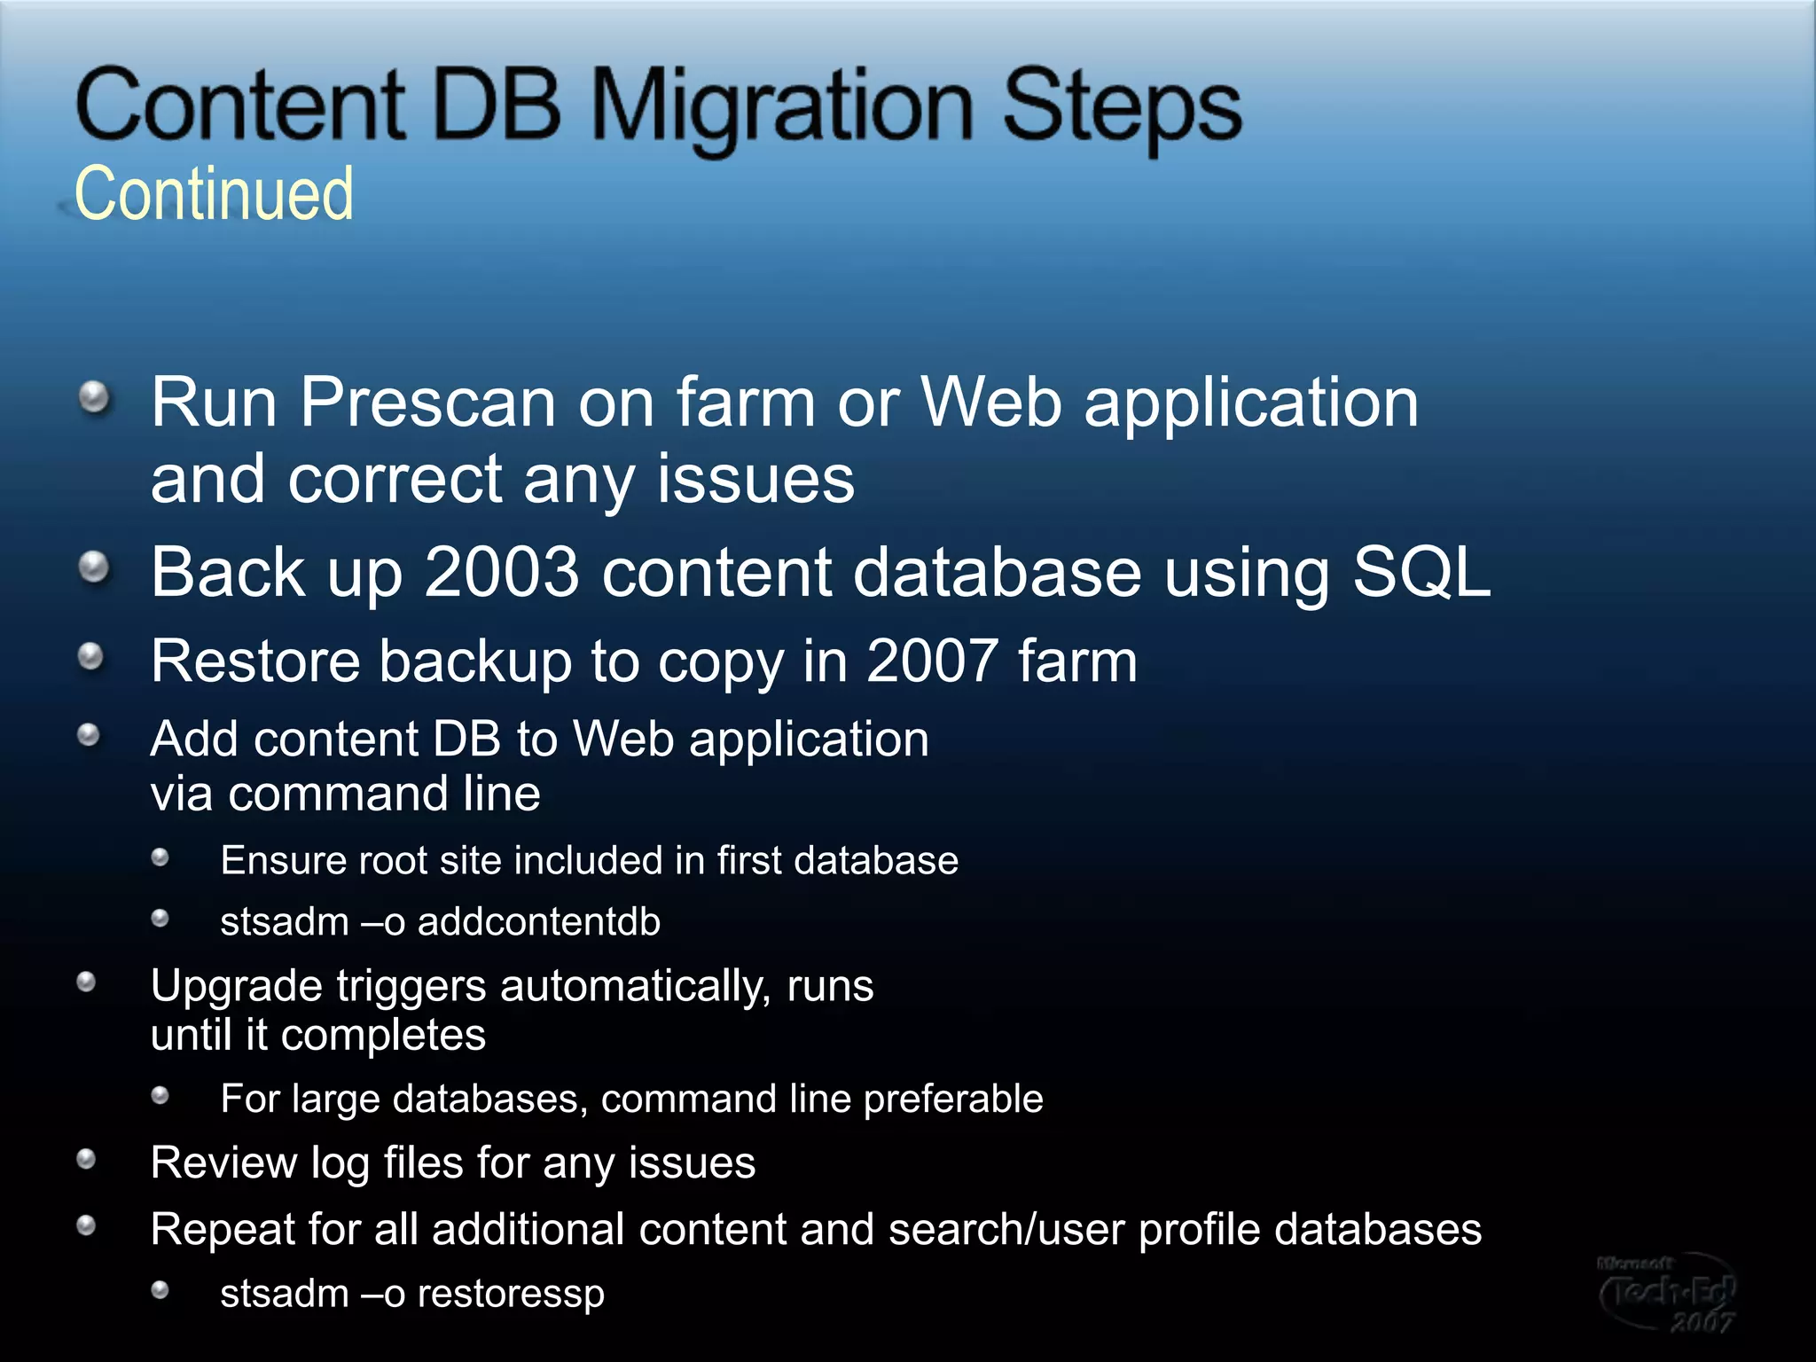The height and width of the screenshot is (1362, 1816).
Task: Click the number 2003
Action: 501,572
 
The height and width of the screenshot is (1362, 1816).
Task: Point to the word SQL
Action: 1421,572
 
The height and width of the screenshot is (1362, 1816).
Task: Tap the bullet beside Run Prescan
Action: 94,397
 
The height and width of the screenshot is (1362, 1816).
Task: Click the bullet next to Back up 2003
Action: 94,567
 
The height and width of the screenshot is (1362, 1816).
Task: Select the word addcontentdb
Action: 539,922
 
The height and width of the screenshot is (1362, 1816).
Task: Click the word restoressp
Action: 511,1294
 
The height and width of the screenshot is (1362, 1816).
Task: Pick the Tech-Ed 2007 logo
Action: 1667,1293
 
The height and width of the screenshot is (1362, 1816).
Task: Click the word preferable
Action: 953,1099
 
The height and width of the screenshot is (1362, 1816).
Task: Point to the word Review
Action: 223,1162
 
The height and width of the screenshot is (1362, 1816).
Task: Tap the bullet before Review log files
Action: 86,1159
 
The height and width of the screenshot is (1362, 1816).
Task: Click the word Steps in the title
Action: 1123,106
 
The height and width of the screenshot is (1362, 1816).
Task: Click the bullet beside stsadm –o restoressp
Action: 160,1290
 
